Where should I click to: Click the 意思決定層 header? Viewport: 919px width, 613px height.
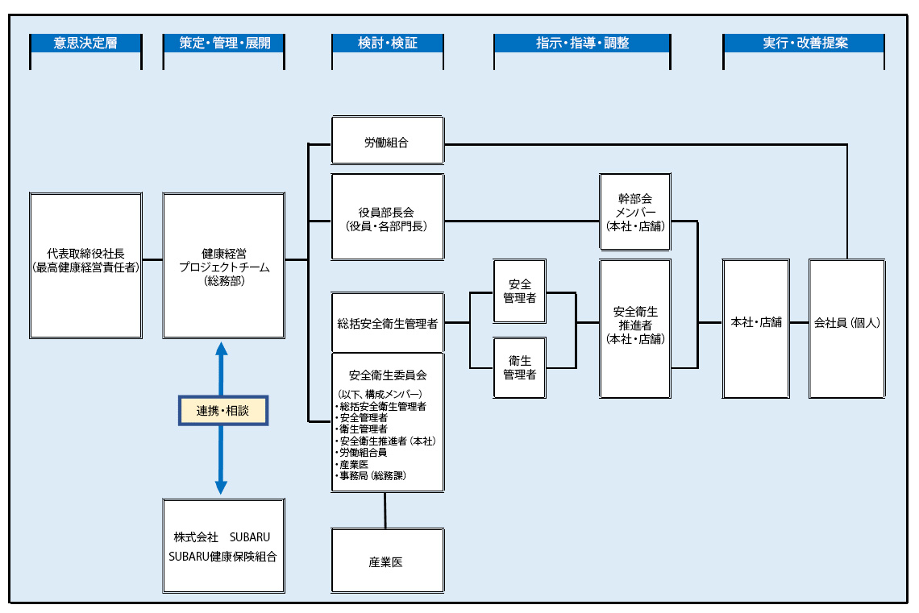tap(85, 43)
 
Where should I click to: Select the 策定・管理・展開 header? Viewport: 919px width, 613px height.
tap(223, 43)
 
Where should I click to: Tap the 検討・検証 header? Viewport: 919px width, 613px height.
tap(388, 43)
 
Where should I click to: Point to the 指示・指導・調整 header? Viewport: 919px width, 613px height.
tap(582, 43)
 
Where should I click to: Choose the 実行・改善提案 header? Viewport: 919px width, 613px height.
tap(804, 43)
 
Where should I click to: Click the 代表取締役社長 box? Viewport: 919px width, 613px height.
tap(85, 265)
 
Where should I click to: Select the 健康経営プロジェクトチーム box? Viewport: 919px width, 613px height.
tap(223, 265)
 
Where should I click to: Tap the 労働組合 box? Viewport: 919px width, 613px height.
tap(388, 142)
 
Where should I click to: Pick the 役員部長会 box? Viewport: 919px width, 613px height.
tap(388, 217)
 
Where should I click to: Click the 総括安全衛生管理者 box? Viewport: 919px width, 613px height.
tap(388, 323)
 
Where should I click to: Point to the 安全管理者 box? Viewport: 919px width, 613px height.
tap(520, 291)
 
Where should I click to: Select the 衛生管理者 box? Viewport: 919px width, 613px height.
tap(520, 367)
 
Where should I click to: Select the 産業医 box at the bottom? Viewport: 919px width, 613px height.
tap(388, 561)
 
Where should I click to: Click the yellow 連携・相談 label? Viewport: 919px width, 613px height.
tap(222, 410)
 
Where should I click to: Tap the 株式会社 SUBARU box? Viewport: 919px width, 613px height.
tap(223, 546)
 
